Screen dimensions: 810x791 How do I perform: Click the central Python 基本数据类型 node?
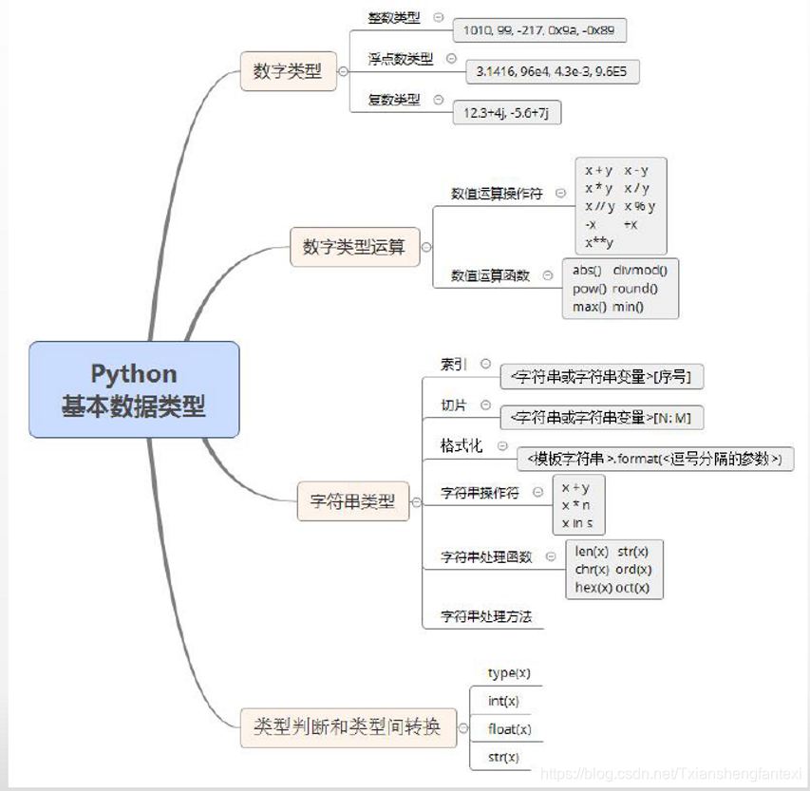(134, 389)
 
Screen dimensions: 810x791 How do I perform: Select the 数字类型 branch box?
(288, 71)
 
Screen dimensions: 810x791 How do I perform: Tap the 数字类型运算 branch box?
(354, 247)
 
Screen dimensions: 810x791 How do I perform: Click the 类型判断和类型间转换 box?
(347, 727)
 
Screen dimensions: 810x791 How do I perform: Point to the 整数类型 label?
(394, 18)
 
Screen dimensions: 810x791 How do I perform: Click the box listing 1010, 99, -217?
(538, 30)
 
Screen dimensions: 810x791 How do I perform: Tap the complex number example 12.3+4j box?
(507, 112)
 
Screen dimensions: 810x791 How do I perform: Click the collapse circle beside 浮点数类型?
(451, 59)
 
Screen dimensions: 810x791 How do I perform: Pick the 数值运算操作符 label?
(497, 193)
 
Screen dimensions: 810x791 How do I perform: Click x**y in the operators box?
(599, 242)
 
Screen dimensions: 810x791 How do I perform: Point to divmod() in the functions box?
(640, 270)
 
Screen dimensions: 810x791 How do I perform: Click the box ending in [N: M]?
(602, 417)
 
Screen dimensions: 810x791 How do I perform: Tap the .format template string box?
(655, 460)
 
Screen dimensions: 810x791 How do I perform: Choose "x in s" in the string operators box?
(576, 522)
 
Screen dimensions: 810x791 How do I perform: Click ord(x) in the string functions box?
(633, 569)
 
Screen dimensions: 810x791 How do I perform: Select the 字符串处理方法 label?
(486, 616)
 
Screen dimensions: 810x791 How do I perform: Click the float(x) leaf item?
(509, 729)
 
